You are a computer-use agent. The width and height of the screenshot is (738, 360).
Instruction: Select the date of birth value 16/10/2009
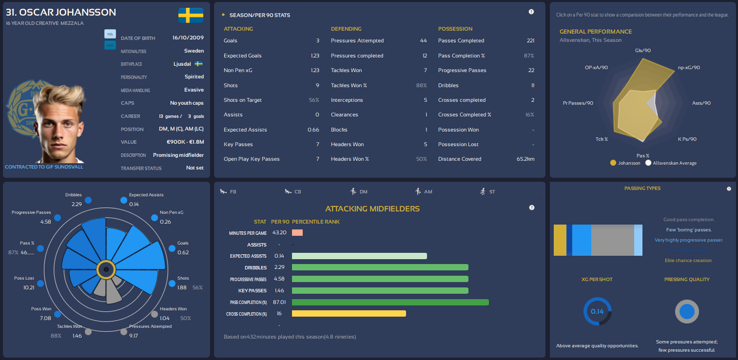pyautogui.click(x=188, y=38)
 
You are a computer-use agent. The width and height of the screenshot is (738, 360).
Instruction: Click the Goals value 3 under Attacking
pyautogui.click(x=317, y=41)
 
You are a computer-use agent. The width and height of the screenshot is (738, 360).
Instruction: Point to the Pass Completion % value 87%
pyautogui.click(x=529, y=56)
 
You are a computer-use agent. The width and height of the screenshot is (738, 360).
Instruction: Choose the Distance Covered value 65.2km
pyautogui.click(x=525, y=159)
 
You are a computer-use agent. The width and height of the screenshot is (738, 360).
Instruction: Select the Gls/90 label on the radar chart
pyautogui.click(x=643, y=50)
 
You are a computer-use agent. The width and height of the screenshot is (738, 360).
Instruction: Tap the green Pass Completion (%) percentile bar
pyautogui.click(x=390, y=303)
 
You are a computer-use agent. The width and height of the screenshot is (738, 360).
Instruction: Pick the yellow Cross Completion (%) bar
pyautogui.click(x=349, y=314)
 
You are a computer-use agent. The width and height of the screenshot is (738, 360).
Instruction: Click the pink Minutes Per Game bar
pyautogui.click(x=297, y=233)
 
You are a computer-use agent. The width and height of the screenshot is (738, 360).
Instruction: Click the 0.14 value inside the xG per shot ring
pyautogui.click(x=597, y=311)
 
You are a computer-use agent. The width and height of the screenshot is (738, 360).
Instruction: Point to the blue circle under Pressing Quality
pyautogui.click(x=686, y=312)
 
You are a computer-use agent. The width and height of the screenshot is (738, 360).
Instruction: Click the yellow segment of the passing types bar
pyautogui.click(x=560, y=240)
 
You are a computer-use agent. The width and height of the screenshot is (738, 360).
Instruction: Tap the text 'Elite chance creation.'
pyautogui.click(x=688, y=261)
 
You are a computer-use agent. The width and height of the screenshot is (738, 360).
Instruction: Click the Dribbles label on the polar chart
pyautogui.click(x=74, y=195)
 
